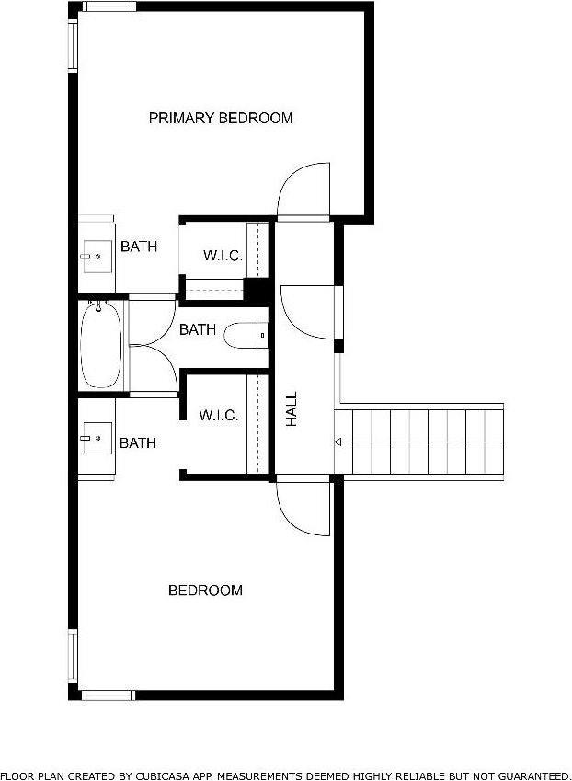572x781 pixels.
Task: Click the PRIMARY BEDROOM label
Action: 221,118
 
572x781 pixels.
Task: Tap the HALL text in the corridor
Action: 292,408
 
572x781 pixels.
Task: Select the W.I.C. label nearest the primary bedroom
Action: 223,256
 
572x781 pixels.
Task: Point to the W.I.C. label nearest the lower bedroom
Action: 219,416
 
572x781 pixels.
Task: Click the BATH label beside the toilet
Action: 198,329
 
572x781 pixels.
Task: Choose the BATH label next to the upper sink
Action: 139,247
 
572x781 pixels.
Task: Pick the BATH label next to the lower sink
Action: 138,443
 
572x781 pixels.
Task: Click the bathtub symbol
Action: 101,347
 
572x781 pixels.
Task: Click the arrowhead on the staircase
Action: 338,442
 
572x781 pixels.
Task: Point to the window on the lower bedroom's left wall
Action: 72,655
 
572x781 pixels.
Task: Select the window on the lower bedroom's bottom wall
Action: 109,695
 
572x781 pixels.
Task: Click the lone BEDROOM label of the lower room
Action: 205,591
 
